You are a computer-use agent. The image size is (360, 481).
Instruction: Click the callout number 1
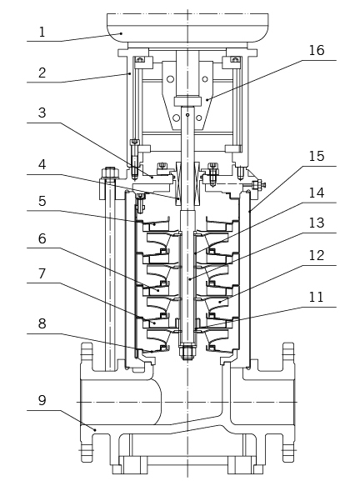pyautogui.click(x=42, y=32)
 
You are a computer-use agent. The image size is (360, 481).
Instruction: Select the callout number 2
pyautogui.click(x=42, y=73)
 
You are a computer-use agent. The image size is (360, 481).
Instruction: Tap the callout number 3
pyautogui.click(x=42, y=113)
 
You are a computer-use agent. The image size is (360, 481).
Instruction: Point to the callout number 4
pyautogui.click(x=42, y=164)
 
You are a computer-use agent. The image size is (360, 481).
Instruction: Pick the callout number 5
pyautogui.click(x=42, y=201)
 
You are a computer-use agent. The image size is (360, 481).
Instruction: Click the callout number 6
pyautogui.click(x=42, y=238)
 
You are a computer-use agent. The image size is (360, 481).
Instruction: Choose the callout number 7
pyautogui.click(x=42, y=273)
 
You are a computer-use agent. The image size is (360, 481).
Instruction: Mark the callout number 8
pyautogui.click(x=42, y=323)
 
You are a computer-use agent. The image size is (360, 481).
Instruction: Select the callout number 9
pyautogui.click(x=42, y=400)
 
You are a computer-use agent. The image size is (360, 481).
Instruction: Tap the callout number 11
pyautogui.click(x=316, y=298)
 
